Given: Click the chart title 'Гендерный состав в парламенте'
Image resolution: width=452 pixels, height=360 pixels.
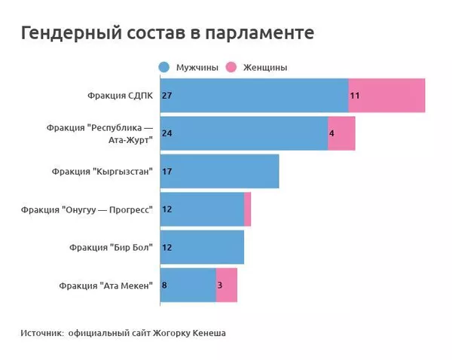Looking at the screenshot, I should tap(167, 34).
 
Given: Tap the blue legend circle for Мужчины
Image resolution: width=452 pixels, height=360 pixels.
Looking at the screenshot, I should tap(164, 67).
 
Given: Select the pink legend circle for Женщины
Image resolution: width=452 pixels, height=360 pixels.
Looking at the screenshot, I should tap(231, 67).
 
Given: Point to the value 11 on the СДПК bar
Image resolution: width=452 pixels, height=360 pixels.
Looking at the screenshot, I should tap(354, 96).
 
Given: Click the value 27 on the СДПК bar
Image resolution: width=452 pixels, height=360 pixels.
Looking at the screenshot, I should tap(167, 96).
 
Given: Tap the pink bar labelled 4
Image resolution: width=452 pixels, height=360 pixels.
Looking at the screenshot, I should tap(342, 133).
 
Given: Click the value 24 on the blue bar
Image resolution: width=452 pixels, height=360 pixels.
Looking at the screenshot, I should tap(167, 133).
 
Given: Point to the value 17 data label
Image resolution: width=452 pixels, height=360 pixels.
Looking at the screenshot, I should tap(167, 172).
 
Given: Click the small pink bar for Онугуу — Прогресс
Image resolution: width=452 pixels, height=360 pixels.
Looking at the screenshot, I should tap(247, 209).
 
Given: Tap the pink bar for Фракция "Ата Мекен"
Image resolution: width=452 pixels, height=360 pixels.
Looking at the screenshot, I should tap(227, 285).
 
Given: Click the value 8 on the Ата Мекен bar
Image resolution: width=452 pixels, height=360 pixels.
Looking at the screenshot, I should tap(165, 285).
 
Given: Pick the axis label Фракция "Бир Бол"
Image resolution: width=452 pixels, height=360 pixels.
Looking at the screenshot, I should tap(111, 247).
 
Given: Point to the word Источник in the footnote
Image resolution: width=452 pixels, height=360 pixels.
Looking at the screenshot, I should tap(41, 332).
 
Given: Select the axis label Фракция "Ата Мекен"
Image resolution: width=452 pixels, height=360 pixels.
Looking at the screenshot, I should tap(105, 285).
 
